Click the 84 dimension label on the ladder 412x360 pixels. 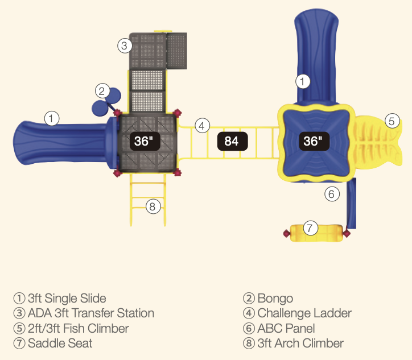click(x=232, y=140)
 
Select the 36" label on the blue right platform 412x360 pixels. click(x=312, y=140)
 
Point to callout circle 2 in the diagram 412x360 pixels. click(x=102, y=91)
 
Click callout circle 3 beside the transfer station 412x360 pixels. click(x=125, y=46)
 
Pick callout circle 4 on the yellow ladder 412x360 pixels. click(x=202, y=126)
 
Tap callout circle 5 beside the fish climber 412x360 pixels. click(x=392, y=121)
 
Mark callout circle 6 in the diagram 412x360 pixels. click(x=332, y=194)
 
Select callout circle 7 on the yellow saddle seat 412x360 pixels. click(x=310, y=229)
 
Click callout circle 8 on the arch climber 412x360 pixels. click(x=151, y=206)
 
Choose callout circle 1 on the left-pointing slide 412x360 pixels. click(x=52, y=119)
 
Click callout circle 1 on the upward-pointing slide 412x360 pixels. click(x=303, y=81)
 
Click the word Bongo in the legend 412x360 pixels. click(x=275, y=298)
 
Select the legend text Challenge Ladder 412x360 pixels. click(x=304, y=313)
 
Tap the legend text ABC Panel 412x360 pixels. click(x=286, y=328)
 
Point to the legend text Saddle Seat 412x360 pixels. click(x=60, y=343)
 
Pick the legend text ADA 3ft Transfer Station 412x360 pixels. click(x=90, y=313)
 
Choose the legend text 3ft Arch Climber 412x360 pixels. click(x=300, y=343)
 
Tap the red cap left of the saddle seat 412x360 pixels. click(x=286, y=233)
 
